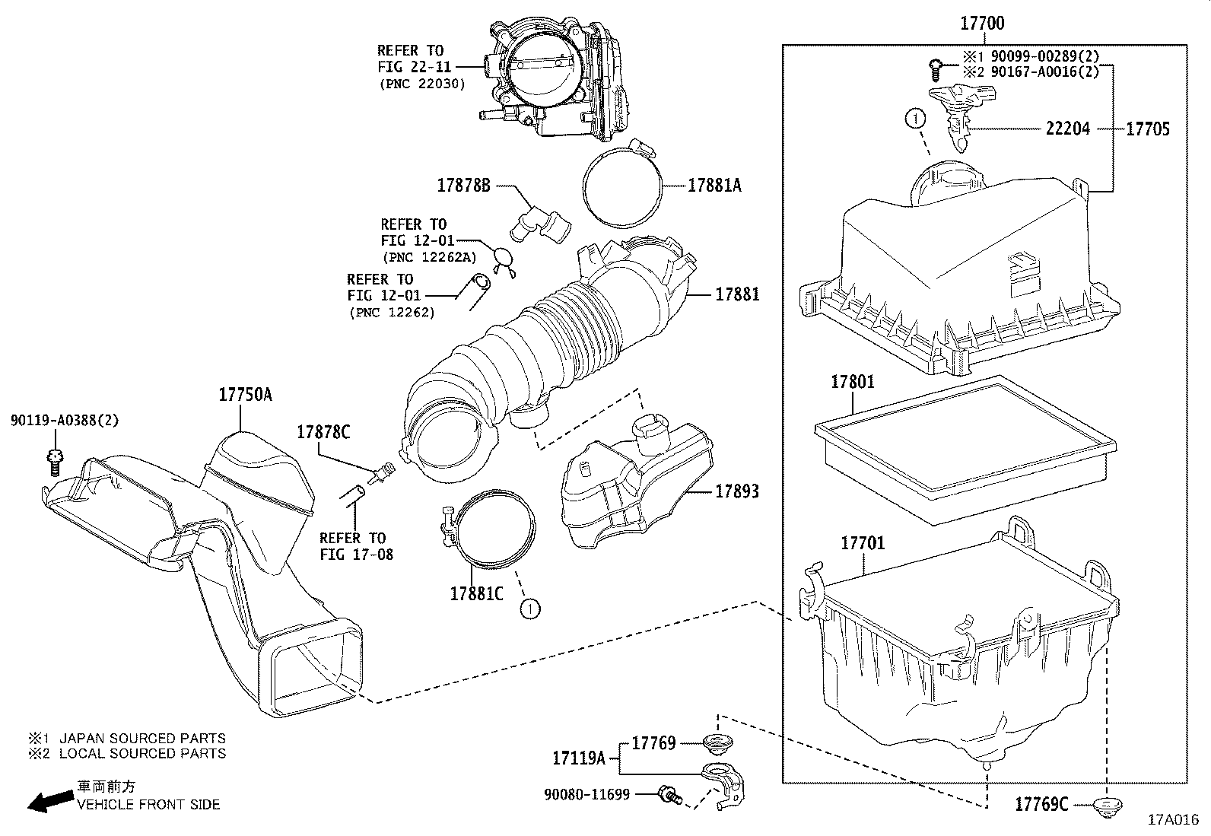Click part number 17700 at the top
coord(981,24)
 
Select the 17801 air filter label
coord(852,382)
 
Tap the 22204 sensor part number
coord(1067,129)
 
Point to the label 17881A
coord(714,185)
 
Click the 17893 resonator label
coord(736,492)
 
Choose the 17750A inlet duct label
coord(245,394)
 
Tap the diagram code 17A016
coord(1172,820)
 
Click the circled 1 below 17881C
coord(529,608)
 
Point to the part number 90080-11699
coord(586,795)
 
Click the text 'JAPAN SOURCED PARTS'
coord(141,738)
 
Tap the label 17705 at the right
coord(1147,129)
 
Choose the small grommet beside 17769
coord(715,742)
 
